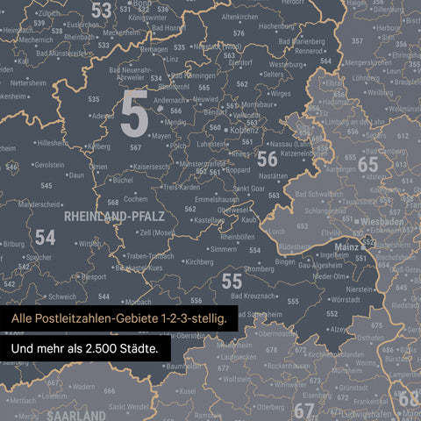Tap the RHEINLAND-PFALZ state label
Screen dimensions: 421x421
(111, 215)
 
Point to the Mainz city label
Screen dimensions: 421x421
(349, 247)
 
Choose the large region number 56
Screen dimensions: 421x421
(267, 159)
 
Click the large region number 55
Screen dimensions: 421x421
(231, 281)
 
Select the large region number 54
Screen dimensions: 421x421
(45, 237)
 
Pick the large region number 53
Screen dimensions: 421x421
(102, 11)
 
